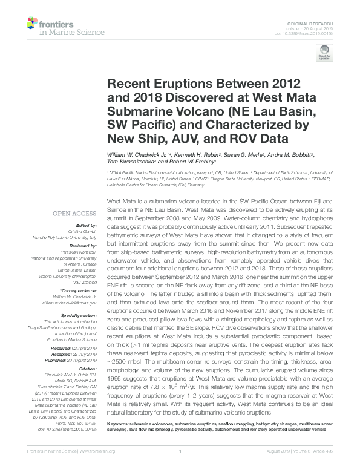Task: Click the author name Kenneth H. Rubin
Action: (x=192, y=156)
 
